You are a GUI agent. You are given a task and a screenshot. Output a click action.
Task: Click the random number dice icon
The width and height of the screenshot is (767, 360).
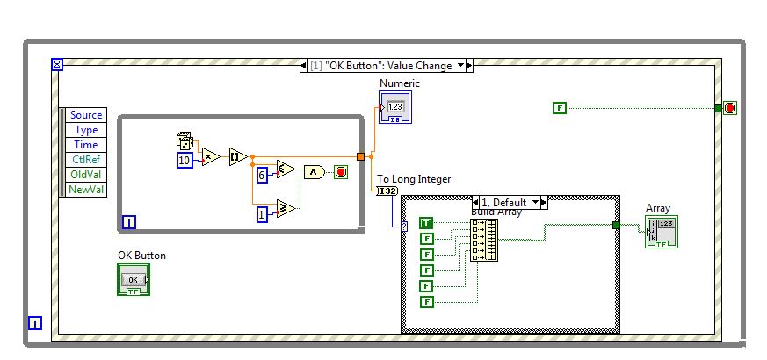[185, 140]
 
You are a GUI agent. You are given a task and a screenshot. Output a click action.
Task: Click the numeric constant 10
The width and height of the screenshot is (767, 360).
[185, 161]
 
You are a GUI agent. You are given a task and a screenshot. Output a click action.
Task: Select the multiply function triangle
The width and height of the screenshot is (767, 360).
[211, 156]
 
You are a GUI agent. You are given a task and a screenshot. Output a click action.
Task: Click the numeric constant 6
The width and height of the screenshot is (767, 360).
[262, 175]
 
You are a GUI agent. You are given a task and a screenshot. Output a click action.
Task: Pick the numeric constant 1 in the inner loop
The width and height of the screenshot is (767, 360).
[262, 214]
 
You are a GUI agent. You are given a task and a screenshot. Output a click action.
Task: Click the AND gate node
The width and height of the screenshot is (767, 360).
[314, 172]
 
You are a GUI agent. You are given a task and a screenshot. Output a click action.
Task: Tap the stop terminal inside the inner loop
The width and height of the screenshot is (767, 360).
[340, 172]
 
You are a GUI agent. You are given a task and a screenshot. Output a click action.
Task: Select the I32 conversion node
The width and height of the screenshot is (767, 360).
[387, 191]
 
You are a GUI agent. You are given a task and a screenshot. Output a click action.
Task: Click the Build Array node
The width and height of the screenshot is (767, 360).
[483, 240]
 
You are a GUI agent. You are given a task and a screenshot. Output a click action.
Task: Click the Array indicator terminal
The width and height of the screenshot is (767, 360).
[661, 231]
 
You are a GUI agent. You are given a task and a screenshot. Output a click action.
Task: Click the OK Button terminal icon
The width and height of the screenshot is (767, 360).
[134, 279]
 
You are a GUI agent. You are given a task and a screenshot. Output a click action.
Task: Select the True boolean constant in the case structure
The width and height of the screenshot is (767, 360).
[426, 223]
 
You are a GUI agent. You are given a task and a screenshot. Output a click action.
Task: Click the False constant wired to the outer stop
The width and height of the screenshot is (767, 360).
[560, 108]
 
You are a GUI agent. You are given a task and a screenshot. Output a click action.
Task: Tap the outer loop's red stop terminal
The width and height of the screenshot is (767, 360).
[729, 108]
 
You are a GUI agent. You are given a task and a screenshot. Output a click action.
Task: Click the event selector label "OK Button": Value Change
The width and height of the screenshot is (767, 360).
[386, 65]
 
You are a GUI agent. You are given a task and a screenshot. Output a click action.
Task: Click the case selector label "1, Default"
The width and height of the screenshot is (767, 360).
[510, 202]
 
